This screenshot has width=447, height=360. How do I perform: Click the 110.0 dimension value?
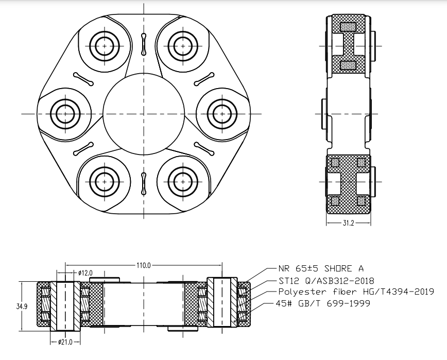click(x=143, y=265)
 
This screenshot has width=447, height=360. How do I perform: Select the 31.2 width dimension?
click(x=348, y=223)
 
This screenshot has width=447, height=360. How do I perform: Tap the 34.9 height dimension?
click(x=22, y=307)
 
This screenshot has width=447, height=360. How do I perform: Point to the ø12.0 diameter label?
click(x=85, y=273)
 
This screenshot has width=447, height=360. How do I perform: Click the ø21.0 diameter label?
click(x=65, y=342)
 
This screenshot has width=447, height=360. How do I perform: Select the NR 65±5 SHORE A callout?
click(x=321, y=268)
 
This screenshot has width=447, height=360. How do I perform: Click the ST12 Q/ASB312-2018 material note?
click(x=326, y=281)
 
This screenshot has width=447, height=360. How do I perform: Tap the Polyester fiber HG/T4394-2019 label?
click(x=356, y=292)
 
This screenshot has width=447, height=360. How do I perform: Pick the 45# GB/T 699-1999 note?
click(x=323, y=303)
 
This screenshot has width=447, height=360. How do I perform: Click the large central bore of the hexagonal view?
click(x=144, y=114)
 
